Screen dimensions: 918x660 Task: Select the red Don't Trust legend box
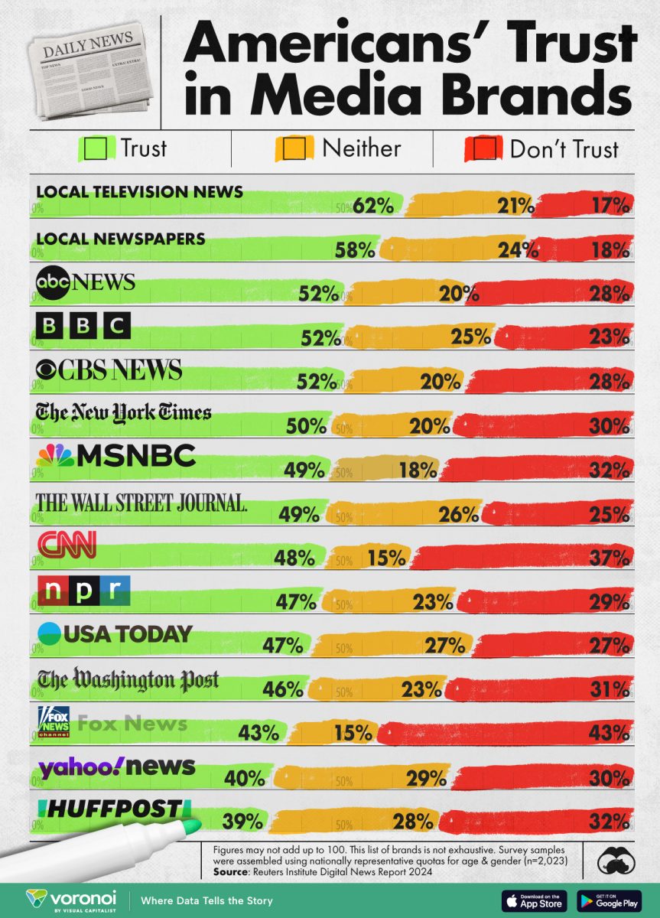pyautogui.click(x=483, y=148)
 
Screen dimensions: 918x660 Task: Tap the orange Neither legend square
pyautogui.click(x=294, y=148)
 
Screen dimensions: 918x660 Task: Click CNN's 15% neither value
pyautogui.click(x=385, y=557)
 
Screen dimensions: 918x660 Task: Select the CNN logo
pyautogui.click(x=67, y=545)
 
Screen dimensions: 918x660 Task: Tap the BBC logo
pyautogui.click(x=84, y=327)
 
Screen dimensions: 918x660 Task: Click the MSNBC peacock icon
pyautogui.click(x=54, y=457)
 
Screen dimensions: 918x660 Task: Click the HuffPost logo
pyautogui.click(x=110, y=809)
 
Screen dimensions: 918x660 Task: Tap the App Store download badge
pyautogui.click(x=534, y=900)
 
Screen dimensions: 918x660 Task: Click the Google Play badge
pyautogui.click(x=610, y=900)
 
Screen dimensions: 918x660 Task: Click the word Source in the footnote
pyautogui.click(x=237, y=871)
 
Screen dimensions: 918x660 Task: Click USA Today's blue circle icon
pyautogui.click(x=49, y=633)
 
